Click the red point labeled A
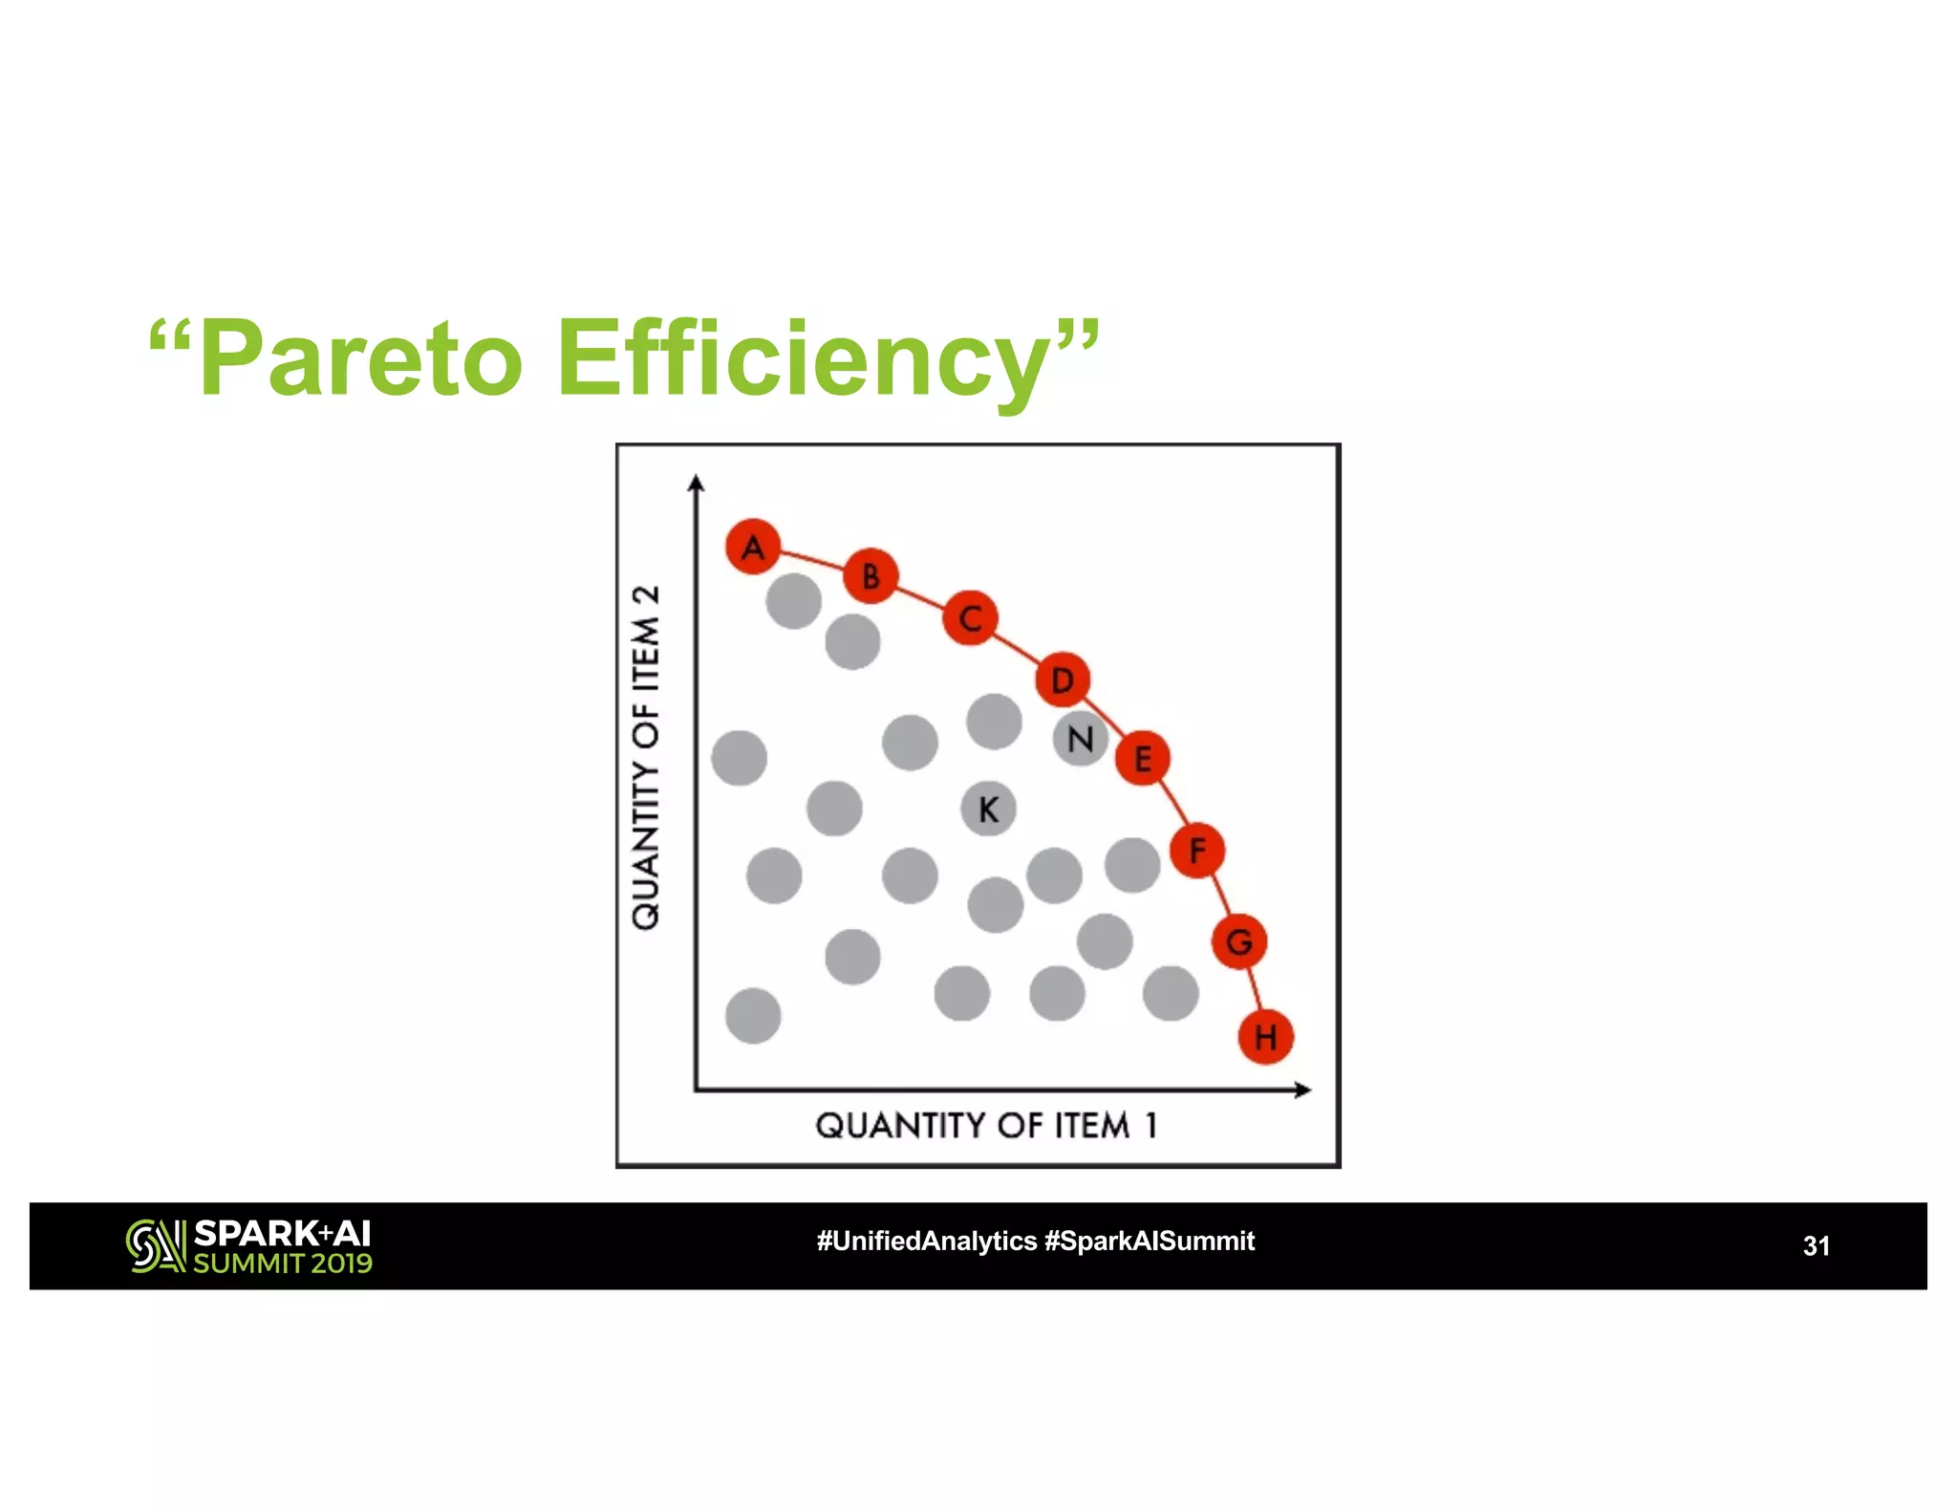pyautogui.click(x=753, y=547)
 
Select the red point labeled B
pyautogui.click(x=871, y=575)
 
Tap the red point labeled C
pyautogui.click(x=970, y=618)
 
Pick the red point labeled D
pyautogui.click(x=1063, y=680)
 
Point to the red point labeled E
pyautogui.click(x=1142, y=758)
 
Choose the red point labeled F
pyautogui.click(x=1196, y=850)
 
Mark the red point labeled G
pyautogui.click(x=1239, y=941)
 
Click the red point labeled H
pyautogui.click(x=1265, y=1036)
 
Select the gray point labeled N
pyautogui.click(x=1080, y=739)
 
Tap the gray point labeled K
pyautogui.click(x=988, y=809)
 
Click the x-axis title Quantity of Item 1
pyautogui.click(x=986, y=1125)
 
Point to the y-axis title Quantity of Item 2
pyautogui.click(x=646, y=757)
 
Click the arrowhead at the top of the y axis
pyautogui.click(x=697, y=483)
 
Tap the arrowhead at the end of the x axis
pyautogui.click(x=1302, y=1090)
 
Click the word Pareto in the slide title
pyautogui.click(x=361, y=359)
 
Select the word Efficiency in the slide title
pyautogui.click(x=803, y=359)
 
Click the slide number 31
pyautogui.click(x=1816, y=1245)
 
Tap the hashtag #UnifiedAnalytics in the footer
pyautogui.click(x=926, y=1241)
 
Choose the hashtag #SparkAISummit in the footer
pyautogui.click(x=1150, y=1241)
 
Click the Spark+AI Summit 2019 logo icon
pyautogui.click(x=155, y=1245)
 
